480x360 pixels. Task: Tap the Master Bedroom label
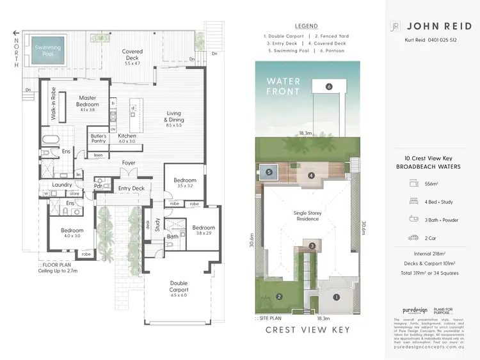pos(87,101)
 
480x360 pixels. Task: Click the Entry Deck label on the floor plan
pos(131,188)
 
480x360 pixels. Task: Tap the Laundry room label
pos(62,185)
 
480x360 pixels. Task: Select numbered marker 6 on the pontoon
pos(329,87)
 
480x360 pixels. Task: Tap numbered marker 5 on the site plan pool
pos(269,172)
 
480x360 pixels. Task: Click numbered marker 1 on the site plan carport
pos(336,297)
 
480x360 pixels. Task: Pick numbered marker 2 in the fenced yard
pos(279,297)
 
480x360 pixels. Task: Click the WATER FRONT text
pos(284,86)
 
